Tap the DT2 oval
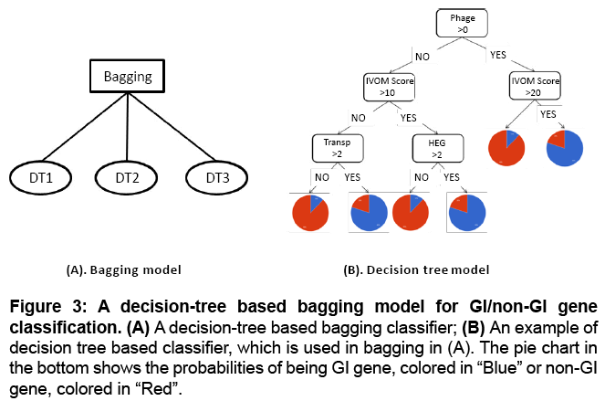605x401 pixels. (x=128, y=176)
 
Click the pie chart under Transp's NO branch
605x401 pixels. (x=310, y=212)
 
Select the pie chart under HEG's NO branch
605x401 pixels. (x=411, y=212)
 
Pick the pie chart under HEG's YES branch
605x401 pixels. (x=469, y=212)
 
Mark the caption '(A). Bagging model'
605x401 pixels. (x=124, y=269)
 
